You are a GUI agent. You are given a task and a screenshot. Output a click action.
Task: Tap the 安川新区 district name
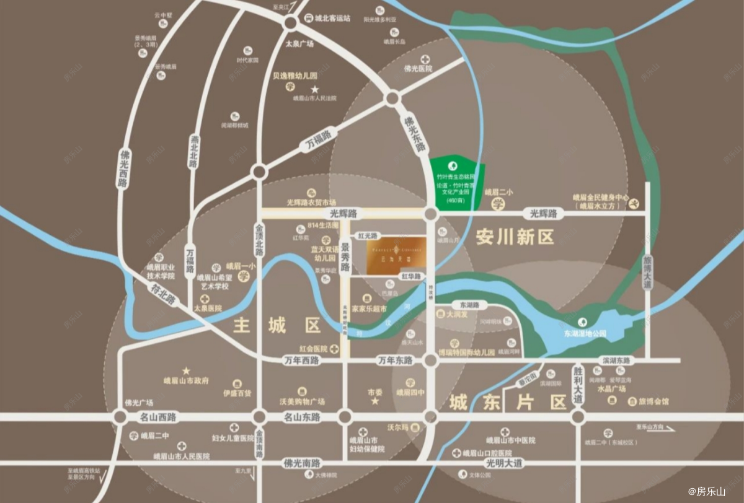515,237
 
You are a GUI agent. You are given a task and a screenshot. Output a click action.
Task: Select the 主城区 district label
277,325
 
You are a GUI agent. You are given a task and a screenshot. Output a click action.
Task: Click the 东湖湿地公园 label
585,333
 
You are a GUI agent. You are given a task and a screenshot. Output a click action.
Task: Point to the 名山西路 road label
158,417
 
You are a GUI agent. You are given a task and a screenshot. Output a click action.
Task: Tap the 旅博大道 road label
647,273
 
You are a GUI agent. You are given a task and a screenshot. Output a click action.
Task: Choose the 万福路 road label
319,140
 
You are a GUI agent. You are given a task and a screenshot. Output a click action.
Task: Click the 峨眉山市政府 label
186,380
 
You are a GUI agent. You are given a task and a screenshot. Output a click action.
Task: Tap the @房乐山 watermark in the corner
706,492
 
